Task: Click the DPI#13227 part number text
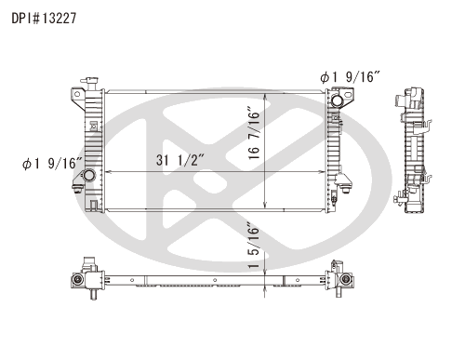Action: [44, 19]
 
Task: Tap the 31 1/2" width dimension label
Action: [180, 160]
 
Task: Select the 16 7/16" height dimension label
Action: [254, 133]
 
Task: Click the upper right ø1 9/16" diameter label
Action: [350, 77]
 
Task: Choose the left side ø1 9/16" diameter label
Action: [52, 164]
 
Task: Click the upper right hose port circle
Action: [337, 100]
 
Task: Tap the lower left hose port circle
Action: [89, 176]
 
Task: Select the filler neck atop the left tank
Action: [89, 83]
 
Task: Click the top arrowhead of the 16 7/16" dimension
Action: [264, 96]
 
